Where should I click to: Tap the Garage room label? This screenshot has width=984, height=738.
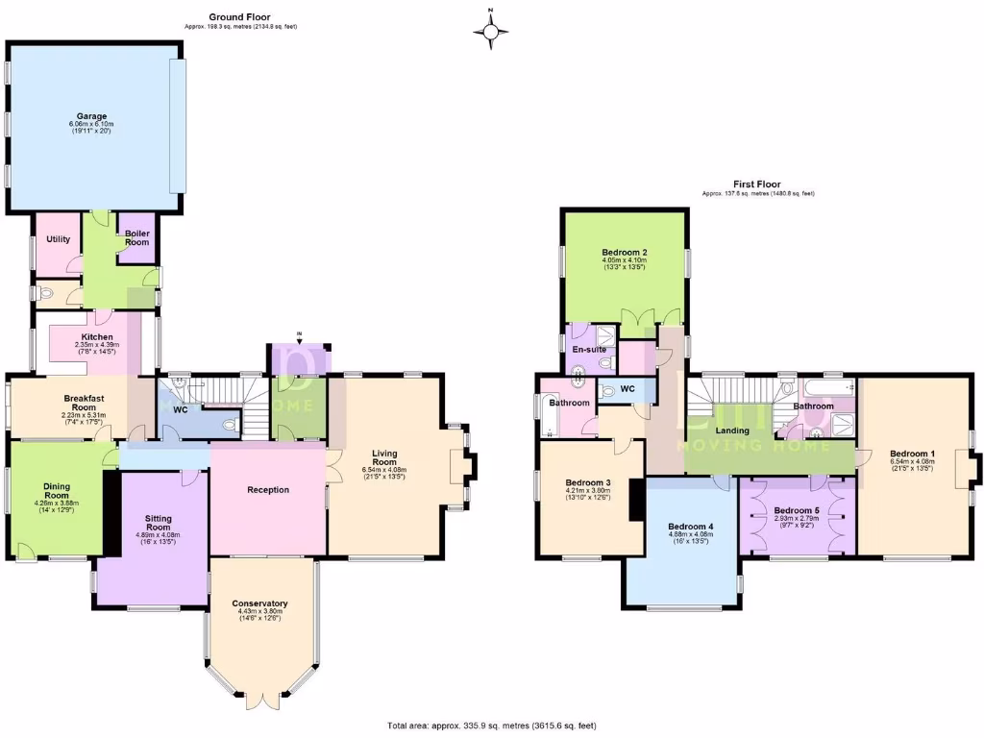click(91, 116)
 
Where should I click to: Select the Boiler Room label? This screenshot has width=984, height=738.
click(136, 237)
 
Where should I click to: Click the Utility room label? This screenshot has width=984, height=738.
click(58, 238)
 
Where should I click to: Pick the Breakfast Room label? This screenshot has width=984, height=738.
click(84, 403)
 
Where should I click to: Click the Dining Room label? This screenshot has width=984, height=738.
click(57, 491)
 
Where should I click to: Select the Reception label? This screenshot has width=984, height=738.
click(268, 489)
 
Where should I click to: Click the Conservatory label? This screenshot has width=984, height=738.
click(260, 603)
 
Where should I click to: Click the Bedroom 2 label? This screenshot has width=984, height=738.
click(625, 252)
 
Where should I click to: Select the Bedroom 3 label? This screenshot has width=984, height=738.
click(588, 482)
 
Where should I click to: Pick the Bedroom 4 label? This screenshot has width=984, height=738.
click(691, 527)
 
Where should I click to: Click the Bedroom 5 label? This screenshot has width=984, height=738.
click(798, 510)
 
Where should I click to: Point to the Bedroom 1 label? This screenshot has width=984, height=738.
click(912, 454)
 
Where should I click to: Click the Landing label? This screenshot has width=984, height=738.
click(733, 430)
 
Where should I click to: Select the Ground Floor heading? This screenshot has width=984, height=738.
click(239, 16)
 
